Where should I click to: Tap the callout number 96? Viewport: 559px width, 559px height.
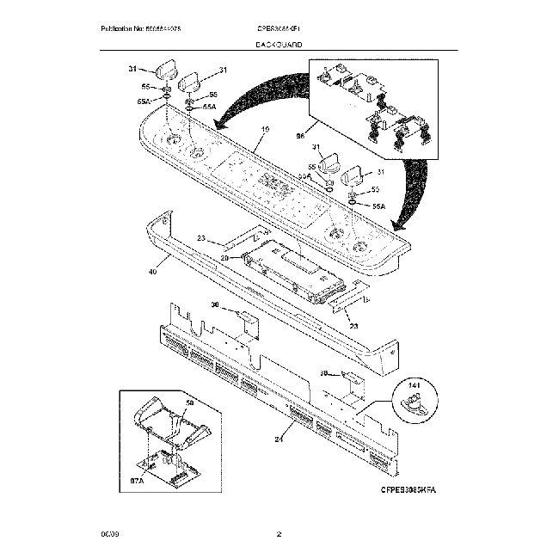click(x=300, y=136)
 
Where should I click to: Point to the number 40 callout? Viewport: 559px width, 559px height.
click(x=152, y=271)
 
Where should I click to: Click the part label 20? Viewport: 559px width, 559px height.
click(x=224, y=257)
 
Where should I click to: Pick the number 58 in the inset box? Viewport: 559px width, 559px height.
click(x=191, y=402)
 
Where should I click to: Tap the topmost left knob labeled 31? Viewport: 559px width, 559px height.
click(x=165, y=70)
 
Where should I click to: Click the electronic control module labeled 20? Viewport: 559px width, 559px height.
click(x=293, y=273)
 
